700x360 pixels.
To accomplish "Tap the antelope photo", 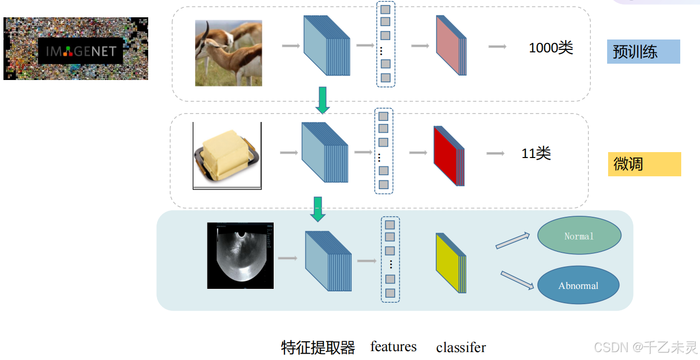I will pyautogui.click(x=228, y=53).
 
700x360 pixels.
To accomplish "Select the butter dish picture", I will pyautogui.click(x=227, y=156).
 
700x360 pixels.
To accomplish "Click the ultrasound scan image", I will pyautogui.click(x=240, y=255).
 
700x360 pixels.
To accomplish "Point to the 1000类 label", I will pyautogui.click(x=551, y=48).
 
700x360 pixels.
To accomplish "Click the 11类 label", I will pyautogui.click(x=536, y=154).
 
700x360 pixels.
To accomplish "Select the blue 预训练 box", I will pyautogui.click(x=643, y=52).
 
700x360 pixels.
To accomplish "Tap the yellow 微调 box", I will pyautogui.click(x=644, y=164).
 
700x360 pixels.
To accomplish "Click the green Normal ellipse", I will pyautogui.click(x=579, y=236).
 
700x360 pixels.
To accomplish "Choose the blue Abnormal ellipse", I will pyautogui.click(x=578, y=285).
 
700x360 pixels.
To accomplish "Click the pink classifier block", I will pyautogui.click(x=451, y=45).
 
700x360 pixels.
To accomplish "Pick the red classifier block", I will pyautogui.click(x=449, y=156).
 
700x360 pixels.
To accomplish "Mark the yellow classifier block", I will pyautogui.click(x=450, y=263).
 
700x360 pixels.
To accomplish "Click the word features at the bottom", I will pyautogui.click(x=393, y=347).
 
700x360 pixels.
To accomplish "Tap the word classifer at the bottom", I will pyautogui.click(x=461, y=348).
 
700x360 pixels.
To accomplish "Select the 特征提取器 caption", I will pyautogui.click(x=318, y=348).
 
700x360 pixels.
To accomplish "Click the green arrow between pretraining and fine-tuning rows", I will pyautogui.click(x=323, y=100).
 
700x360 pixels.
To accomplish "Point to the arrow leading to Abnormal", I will pyautogui.click(x=518, y=280).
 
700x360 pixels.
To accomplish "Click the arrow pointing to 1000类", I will pyautogui.click(x=497, y=46).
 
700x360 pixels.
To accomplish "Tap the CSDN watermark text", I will pyautogui.click(x=645, y=347).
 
